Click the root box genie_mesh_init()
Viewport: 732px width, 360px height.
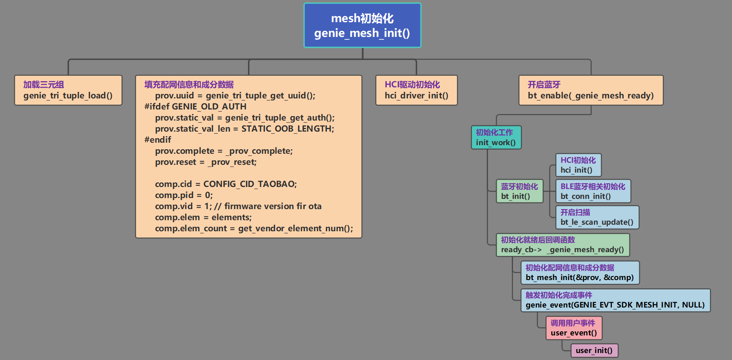coord(362,25)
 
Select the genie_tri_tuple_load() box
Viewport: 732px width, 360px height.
coord(68,90)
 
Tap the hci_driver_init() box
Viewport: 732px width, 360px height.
coord(416,90)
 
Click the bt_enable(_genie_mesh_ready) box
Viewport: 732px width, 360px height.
coord(591,90)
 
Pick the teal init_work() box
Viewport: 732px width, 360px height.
coord(496,137)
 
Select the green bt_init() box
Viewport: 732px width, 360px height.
coord(519,191)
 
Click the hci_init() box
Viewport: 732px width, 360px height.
coord(578,165)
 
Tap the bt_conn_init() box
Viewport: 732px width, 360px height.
coord(593,191)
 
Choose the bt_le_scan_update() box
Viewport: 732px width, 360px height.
coord(597,217)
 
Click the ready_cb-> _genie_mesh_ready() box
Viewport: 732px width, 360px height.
coord(562,245)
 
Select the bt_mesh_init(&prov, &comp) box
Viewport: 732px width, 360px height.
coord(579,273)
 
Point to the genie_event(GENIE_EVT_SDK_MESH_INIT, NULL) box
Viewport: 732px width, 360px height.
coord(615,300)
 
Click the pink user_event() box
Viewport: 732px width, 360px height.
coord(574,328)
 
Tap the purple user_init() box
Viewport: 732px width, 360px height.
coord(594,351)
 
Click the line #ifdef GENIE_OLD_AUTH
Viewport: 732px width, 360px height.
coord(195,107)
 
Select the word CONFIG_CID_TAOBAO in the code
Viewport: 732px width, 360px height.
coord(249,184)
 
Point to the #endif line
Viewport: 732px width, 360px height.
coord(158,140)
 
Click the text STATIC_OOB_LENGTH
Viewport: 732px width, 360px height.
coord(287,129)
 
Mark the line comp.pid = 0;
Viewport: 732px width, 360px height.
coord(184,195)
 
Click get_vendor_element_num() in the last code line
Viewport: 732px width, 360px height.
coord(295,228)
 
